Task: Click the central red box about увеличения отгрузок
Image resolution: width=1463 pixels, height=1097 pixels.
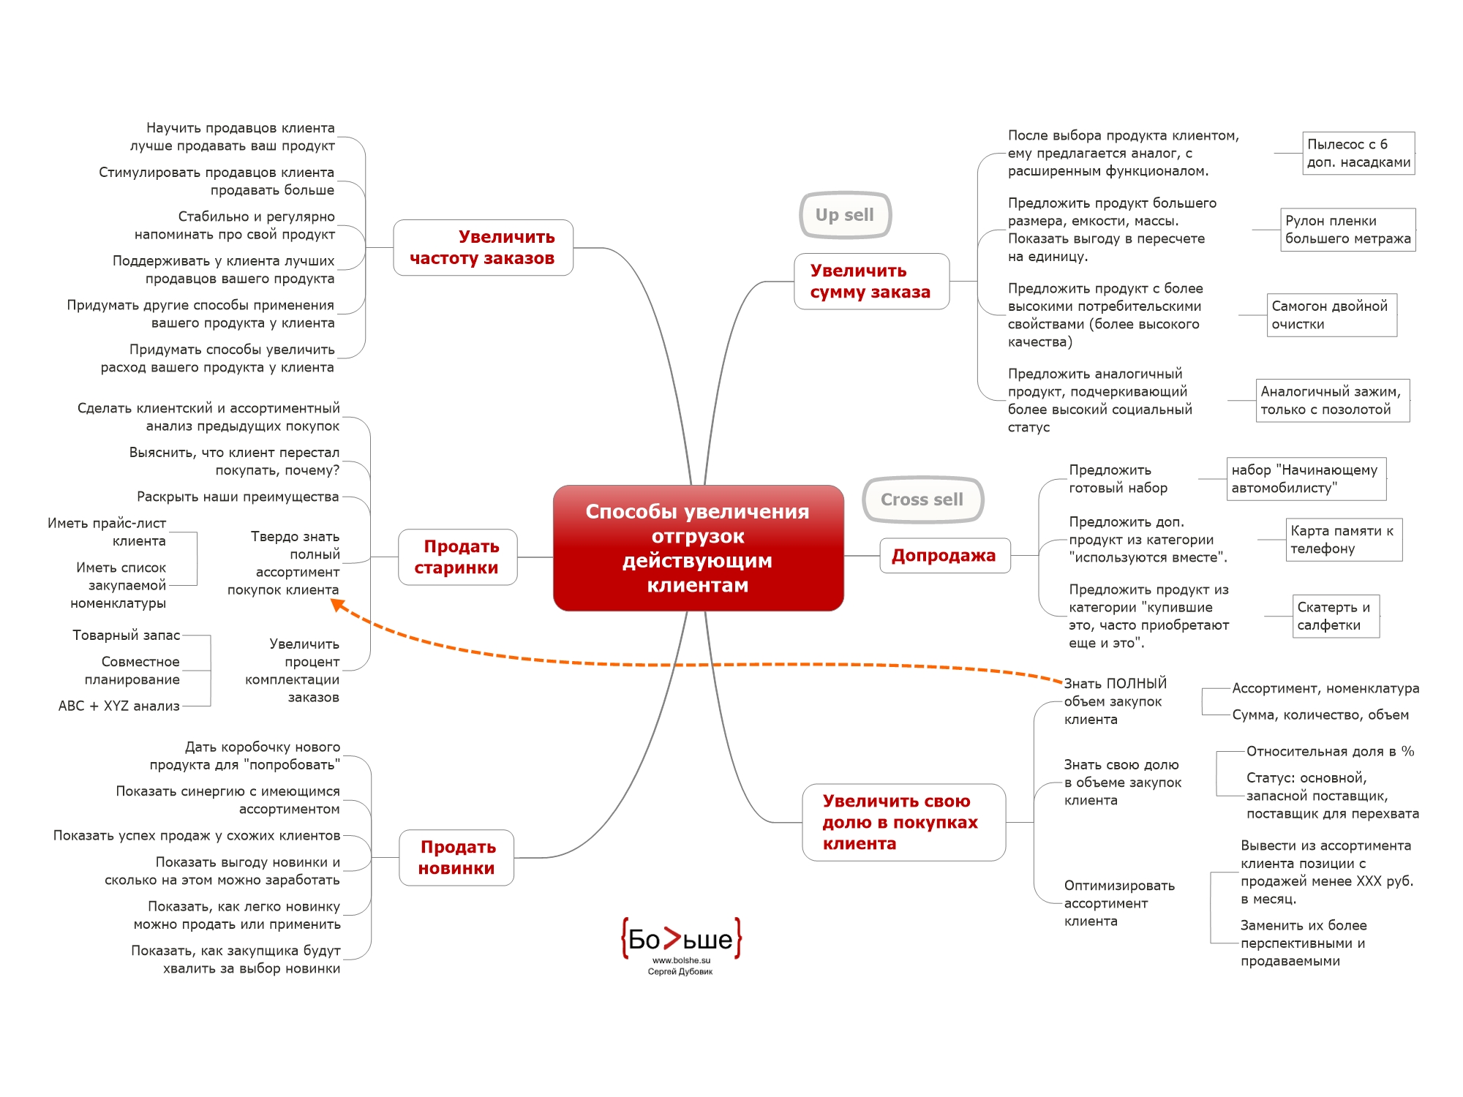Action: pos(698,548)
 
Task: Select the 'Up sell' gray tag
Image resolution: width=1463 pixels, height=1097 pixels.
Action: pos(845,215)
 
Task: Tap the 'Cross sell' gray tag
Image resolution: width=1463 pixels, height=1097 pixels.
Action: pos(922,500)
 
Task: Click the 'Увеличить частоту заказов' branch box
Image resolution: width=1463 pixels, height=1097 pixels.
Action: pos(483,247)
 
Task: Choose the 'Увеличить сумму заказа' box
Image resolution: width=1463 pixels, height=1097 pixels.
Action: pos(871,282)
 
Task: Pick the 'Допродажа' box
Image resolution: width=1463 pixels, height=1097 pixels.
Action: pos(944,556)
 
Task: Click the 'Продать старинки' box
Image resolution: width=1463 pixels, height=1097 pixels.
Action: pos(458,557)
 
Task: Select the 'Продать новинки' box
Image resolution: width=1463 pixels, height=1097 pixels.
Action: pos(456,858)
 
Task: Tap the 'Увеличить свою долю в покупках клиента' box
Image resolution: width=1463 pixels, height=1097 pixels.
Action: pos(903,823)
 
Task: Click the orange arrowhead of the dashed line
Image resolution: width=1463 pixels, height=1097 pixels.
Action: pos(337,604)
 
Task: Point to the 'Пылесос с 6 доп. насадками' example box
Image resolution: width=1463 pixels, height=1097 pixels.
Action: pos(1358,154)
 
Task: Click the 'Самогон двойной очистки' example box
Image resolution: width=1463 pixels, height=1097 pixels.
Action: pos(1331,315)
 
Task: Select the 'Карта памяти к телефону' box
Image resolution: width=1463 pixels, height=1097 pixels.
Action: pos(1344,540)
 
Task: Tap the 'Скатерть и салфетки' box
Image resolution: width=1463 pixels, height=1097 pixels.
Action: pos(1335,617)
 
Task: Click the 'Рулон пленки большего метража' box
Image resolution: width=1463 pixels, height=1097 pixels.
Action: pos(1347,230)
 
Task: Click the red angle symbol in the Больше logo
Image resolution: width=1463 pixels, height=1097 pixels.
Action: pos(672,939)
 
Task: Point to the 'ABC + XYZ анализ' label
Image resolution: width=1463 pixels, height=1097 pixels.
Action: pos(119,706)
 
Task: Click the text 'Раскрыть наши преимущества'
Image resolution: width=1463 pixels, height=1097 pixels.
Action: pos(238,497)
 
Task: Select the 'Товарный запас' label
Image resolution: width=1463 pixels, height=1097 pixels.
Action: pos(126,636)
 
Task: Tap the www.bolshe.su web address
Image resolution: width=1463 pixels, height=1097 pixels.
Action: pos(681,960)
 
